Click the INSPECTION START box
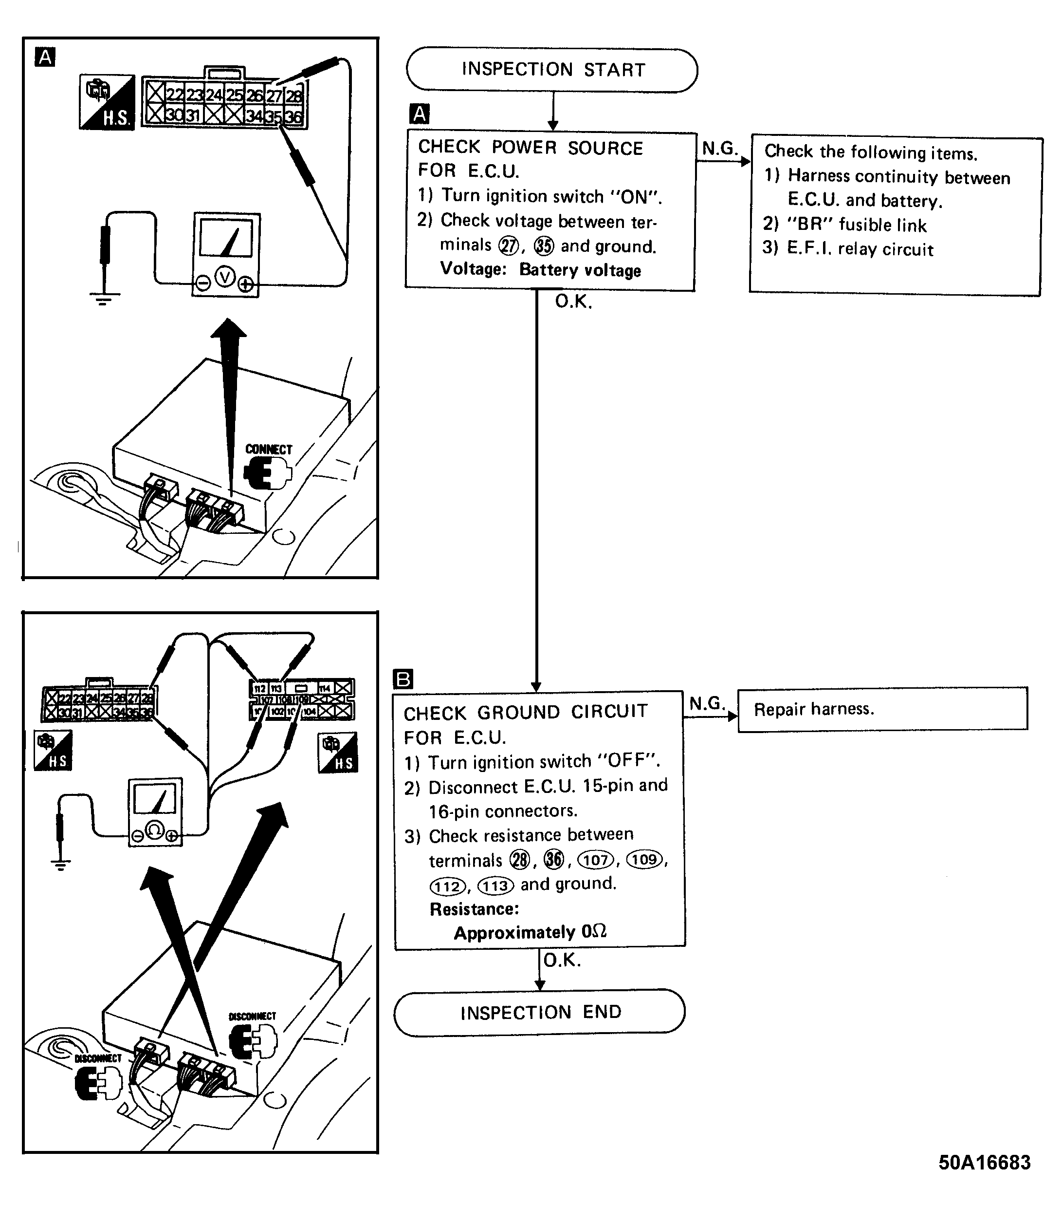552,70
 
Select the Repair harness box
882,709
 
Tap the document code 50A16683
984,1162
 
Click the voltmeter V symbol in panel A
225,276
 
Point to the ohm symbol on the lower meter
154,830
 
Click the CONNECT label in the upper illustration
268,450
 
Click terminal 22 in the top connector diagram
175,94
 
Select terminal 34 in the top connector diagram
254,115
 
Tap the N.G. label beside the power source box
720,149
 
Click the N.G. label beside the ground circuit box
707,703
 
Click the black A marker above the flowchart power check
419,113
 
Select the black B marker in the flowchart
403,679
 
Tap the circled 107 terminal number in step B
596,860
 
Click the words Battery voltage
580,270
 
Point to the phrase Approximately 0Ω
530,932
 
